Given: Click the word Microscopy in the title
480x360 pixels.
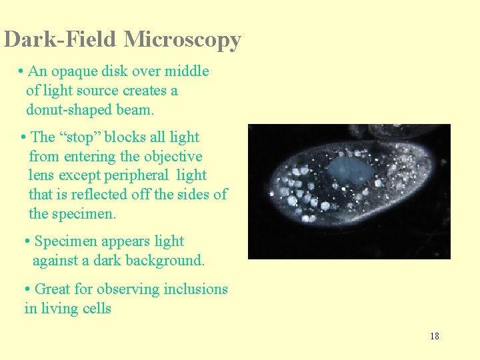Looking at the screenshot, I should coord(182,40).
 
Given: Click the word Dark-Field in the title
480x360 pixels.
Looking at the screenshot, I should coord(61,40).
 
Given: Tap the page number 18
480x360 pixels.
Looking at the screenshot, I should coord(435,336).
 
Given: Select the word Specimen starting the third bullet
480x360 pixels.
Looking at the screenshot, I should coord(65,241).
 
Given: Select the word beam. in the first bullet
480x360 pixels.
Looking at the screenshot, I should coord(135,109).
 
